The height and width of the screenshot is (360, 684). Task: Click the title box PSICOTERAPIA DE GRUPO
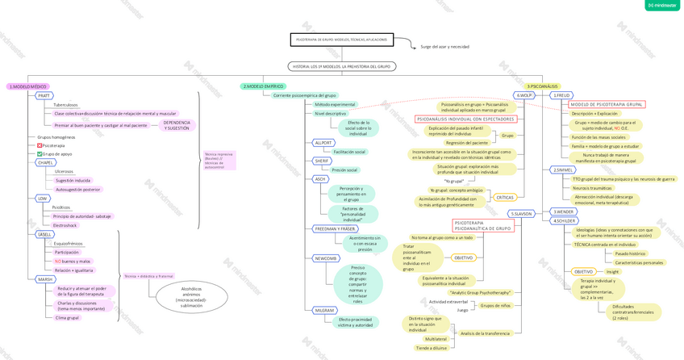coord(341,40)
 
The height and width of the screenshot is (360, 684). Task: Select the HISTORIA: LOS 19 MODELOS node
coord(341,66)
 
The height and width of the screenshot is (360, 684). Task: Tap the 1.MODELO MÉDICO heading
coord(28,86)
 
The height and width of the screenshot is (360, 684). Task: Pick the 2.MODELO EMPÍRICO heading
coord(263,86)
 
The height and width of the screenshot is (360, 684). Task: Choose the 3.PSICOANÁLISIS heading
coord(542,86)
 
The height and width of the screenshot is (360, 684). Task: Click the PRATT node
coord(44,95)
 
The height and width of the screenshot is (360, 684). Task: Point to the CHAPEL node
coord(46,162)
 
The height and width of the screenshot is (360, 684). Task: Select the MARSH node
coord(45,279)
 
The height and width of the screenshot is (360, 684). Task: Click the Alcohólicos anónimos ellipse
coord(191,297)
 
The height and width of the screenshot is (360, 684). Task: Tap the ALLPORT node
coord(323,143)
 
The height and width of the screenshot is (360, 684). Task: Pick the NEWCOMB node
coord(326,258)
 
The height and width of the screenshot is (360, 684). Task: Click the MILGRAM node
coord(324,310)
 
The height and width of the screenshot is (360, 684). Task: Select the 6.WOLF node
coord(524,95)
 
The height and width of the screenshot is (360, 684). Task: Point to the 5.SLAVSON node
coord(522,214)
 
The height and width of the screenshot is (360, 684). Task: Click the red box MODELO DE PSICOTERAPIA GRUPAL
coord(607,104)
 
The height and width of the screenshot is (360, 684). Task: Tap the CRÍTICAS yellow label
coord(505,197)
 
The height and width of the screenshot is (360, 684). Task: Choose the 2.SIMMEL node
coord(562,170)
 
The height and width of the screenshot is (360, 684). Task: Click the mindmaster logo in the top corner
coord(661,6)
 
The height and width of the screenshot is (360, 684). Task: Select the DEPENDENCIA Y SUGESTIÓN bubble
coord(177,125)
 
